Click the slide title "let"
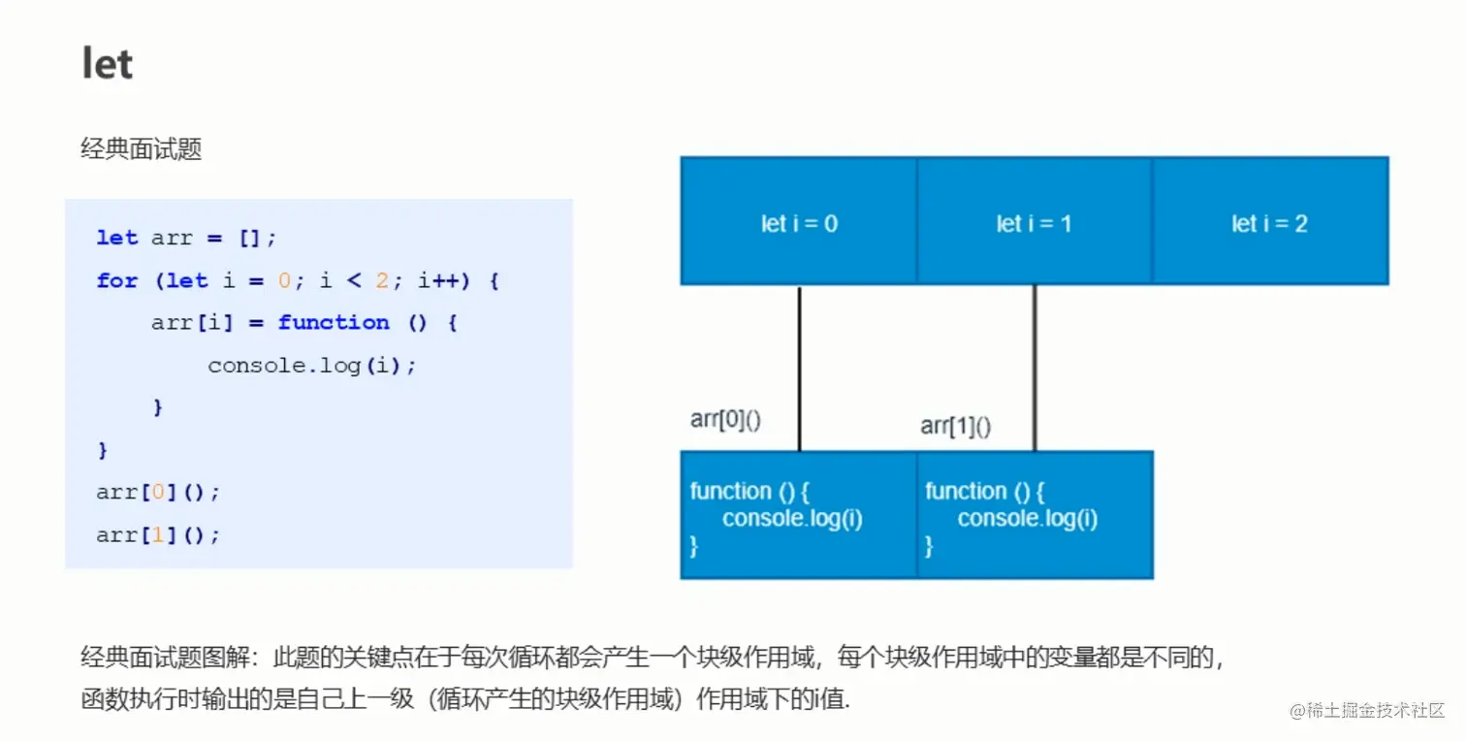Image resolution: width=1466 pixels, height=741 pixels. coord(108,65)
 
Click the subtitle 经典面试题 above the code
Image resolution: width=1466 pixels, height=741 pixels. coord(141,149)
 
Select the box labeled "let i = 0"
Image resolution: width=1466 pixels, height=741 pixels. coord(799,222)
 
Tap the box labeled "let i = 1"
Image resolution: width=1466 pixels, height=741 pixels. coord(1034,222)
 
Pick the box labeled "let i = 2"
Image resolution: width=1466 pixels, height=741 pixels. coord(1269,222)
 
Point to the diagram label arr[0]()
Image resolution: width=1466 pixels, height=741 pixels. coord(726,419)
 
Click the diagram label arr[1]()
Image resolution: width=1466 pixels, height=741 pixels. coord(956,426)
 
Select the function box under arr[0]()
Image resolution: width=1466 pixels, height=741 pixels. coord(799,515)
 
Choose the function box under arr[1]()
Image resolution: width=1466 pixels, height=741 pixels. coord(1034,515)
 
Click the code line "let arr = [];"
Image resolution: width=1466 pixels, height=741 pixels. coord(187,238)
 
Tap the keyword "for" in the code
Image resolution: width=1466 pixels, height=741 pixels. coord(117,280)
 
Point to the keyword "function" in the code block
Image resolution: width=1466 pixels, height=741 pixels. coord(334,322)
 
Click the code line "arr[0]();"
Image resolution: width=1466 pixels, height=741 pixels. coord(158,492)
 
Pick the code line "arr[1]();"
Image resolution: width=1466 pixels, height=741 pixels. coord(158,534)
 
